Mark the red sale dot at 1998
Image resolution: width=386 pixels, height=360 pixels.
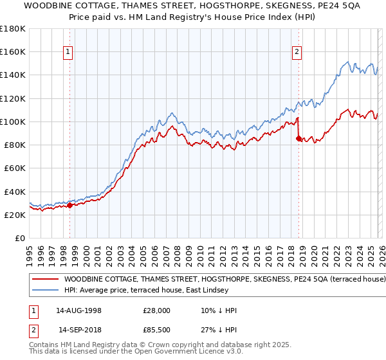pyautogui.click(x=69, y=206)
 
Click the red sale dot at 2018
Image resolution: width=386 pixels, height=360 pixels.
pyautogui.click(x=299, y=138)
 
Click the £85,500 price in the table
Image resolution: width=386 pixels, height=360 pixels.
pyautogui.click(x=156, y=330)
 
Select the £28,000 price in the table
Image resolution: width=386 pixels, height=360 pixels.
pyautogui.click(x=156, y=310)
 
